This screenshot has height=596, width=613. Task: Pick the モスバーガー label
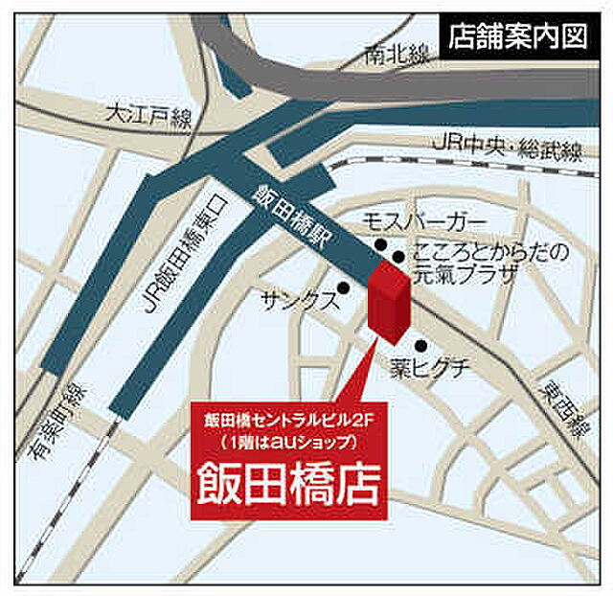(418, 223)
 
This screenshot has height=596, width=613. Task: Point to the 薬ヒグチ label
(430, 365)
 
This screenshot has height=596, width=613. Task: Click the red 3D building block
(388, 302)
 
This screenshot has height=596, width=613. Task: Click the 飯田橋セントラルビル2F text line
(288, 421)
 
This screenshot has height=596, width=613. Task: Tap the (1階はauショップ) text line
(288, 443)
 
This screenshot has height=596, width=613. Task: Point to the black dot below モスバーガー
(381, 244)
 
